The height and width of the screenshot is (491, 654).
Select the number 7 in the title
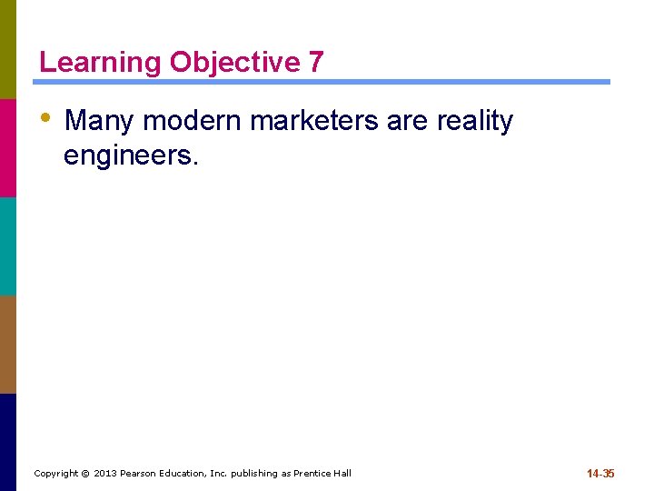click(315, 63)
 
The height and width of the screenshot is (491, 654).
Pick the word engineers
click(129, 156)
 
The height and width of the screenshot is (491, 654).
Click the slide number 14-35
click(600, 474)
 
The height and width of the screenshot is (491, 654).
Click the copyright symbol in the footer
click(85, 474)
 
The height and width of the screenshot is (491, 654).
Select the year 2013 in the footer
click(105, 474)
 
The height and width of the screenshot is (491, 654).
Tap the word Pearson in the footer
click(139, 474)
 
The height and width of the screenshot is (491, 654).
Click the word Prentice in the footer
click(312, 474)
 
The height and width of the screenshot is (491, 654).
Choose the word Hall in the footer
click(342, 474)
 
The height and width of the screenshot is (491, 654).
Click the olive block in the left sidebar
click(8, 49)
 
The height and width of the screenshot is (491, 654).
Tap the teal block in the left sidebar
click(8, 245)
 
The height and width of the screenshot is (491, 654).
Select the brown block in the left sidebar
click(8, 344)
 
